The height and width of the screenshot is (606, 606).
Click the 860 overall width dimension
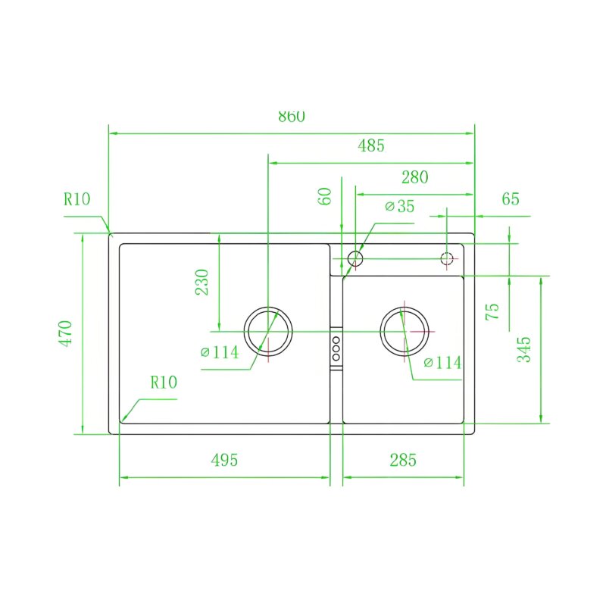292,117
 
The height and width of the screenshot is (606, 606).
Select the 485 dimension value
371,145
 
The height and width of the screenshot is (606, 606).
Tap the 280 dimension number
414,177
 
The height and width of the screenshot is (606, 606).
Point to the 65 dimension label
510,199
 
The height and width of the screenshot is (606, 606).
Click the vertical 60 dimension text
326,196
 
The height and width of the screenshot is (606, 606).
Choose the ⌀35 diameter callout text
400,206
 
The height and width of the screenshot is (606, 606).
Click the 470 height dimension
66,333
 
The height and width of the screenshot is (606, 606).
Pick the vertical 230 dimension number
201,282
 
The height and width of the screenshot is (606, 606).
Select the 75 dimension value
492,311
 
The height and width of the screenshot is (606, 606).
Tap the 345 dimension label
524,349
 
